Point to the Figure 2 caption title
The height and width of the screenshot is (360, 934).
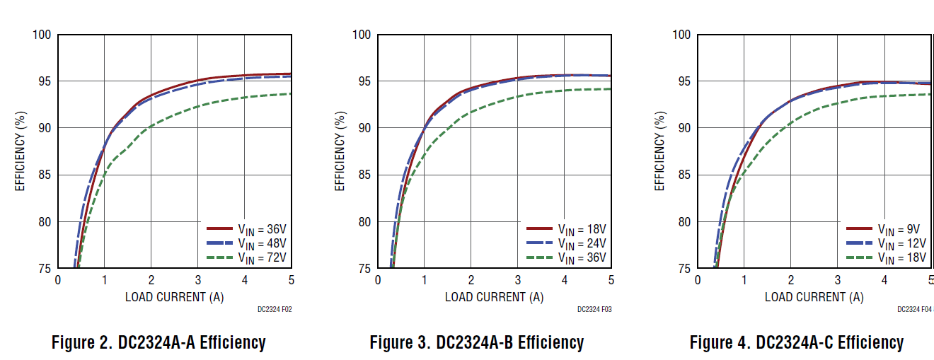click(x=158, y=343)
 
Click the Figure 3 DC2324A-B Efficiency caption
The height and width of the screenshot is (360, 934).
click(x=477, y=343)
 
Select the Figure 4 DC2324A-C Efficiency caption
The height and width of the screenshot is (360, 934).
click(x=797, y=343)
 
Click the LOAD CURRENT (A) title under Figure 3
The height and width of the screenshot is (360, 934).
click(x=494, y=297)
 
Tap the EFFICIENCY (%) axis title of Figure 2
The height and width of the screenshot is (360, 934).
click(x=20, y=151)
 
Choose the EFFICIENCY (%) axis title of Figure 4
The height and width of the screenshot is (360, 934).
click(x=659, y=151)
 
